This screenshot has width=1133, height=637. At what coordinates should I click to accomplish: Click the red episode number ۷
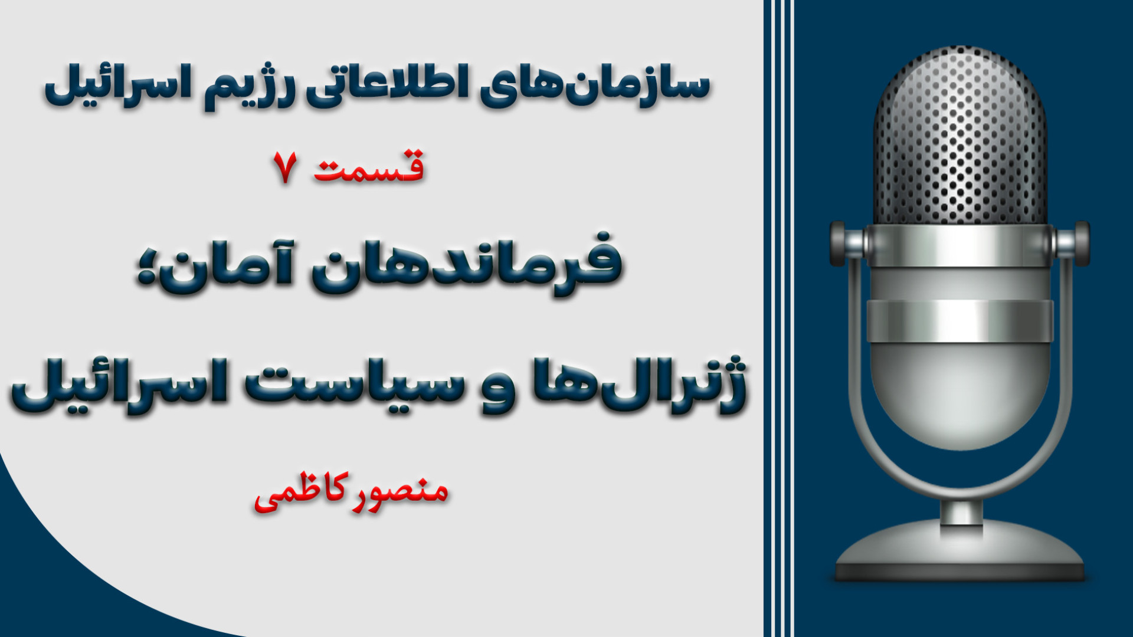[285, 167]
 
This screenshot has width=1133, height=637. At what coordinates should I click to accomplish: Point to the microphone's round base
[960, 551]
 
